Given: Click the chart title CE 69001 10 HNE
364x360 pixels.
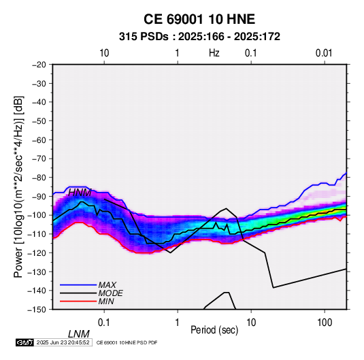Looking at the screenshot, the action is [x=199, y=19].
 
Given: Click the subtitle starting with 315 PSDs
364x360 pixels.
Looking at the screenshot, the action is [x=199, y=37].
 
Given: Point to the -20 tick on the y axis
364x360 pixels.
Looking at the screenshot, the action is [x=39, y=65].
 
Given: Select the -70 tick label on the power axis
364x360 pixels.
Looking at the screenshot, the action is [x=39, y=159].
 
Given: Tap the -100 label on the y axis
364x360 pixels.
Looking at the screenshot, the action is [x=37, y=215].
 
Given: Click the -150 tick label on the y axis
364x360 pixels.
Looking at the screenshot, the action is [x=37, y=310].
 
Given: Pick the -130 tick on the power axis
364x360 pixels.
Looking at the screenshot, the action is [x=37, y=272].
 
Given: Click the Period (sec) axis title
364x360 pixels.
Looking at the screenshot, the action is [x=214, y=330].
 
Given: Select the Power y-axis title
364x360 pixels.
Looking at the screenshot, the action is [x=18, y=187].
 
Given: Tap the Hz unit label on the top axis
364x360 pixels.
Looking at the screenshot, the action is [x=214, y=53].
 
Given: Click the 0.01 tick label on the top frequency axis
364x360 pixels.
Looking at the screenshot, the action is [x=324, y=53].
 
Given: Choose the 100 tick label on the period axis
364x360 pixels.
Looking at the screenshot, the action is [x=325, y=323].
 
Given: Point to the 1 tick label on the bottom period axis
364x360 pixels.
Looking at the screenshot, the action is [x=178, y=323].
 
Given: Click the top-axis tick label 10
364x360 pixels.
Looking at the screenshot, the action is [x=104, y=53].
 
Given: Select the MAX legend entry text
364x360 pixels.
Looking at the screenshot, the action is [x=107, y=285].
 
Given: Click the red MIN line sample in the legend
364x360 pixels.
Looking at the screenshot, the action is [x=78, y=301].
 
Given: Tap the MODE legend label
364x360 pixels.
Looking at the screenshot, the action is [x=110, y=293].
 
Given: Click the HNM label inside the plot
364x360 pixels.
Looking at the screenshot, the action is [x=80, y=193].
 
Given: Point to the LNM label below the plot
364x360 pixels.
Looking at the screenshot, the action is [x=79, y=334].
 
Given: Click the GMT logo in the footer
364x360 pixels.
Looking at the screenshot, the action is [x=25, y=342].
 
